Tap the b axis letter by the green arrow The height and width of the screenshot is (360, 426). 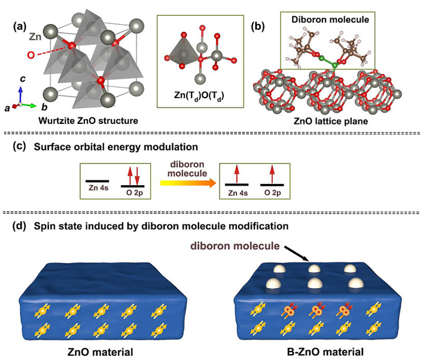[44, 107]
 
